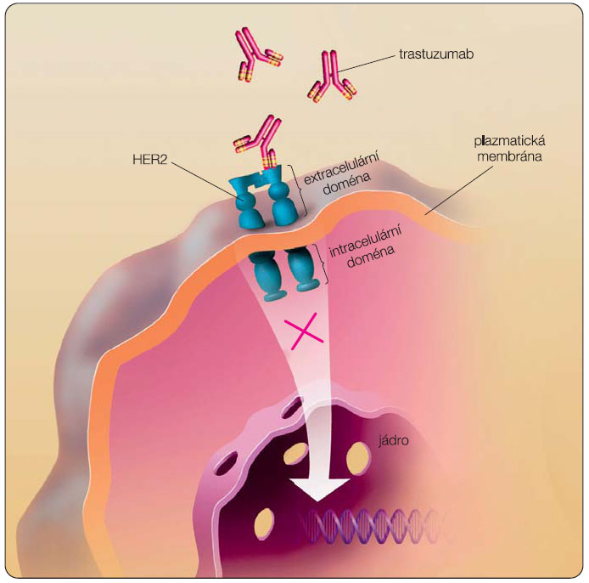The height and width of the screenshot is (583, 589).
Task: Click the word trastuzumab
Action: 435,54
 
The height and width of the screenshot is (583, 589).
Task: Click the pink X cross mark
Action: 306,332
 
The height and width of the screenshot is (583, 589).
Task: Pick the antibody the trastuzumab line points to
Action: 332,76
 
